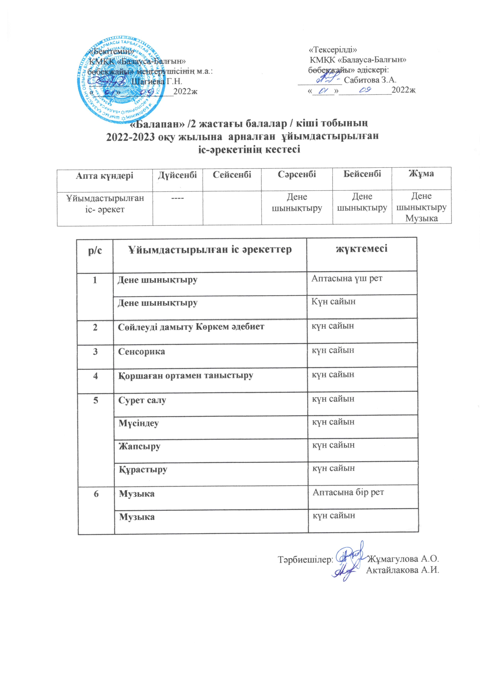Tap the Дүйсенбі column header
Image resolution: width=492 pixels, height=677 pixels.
click(177, 175)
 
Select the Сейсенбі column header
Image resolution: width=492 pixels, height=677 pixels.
click(232, 175)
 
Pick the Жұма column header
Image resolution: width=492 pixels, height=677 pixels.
click(421, 173)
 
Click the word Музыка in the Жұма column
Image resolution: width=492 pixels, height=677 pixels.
click(421, 218)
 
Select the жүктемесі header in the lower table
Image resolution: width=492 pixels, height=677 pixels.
click(362, 248)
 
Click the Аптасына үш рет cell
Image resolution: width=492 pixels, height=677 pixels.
click(347, 278)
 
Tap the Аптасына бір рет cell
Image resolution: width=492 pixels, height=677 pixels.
click(348, 492)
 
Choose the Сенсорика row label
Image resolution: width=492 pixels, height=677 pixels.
click(141, 352)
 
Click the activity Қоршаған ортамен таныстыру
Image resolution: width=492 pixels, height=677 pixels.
click(186, 376)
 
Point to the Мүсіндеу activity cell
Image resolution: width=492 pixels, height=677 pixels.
click(139, 423)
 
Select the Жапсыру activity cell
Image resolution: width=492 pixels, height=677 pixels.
click(139, 447)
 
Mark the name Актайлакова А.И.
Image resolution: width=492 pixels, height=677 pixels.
click(403, 570)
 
